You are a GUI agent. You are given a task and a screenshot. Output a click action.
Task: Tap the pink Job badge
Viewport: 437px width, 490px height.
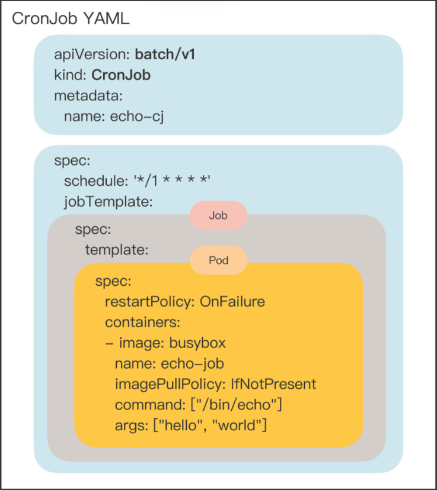pyautogui.click(x=218, y=216)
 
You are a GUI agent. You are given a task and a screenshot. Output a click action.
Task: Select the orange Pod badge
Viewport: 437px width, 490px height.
pyautogui.click(x=218, y=260)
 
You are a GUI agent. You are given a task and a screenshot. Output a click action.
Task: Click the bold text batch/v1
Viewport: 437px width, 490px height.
pyautogui.click(x=165, y=55)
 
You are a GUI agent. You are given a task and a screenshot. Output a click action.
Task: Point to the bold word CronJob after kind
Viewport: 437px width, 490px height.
pyautogui.click(x=125, y=75)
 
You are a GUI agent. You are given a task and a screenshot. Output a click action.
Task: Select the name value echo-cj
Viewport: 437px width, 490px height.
pyautogui.click(x=137, y=116)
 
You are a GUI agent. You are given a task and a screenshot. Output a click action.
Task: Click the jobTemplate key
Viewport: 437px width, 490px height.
pyautogui.click(x=109, y=202)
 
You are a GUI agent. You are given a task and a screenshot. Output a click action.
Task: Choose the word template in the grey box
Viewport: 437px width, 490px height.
pyautogui.click(x=116, y=250)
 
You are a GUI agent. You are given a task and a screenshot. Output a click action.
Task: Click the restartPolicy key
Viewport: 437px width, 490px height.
pyautogui.click(x=150, y=302)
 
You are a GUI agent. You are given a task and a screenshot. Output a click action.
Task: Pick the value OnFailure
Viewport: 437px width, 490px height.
pyautogui.click(x=232, y=302)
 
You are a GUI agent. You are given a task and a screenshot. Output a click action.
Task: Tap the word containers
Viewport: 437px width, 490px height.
pyautogui.click(x=142, y=323)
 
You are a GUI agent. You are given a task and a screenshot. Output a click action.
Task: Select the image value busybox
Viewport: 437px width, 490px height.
pyautogui.click(x=197, y=343)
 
